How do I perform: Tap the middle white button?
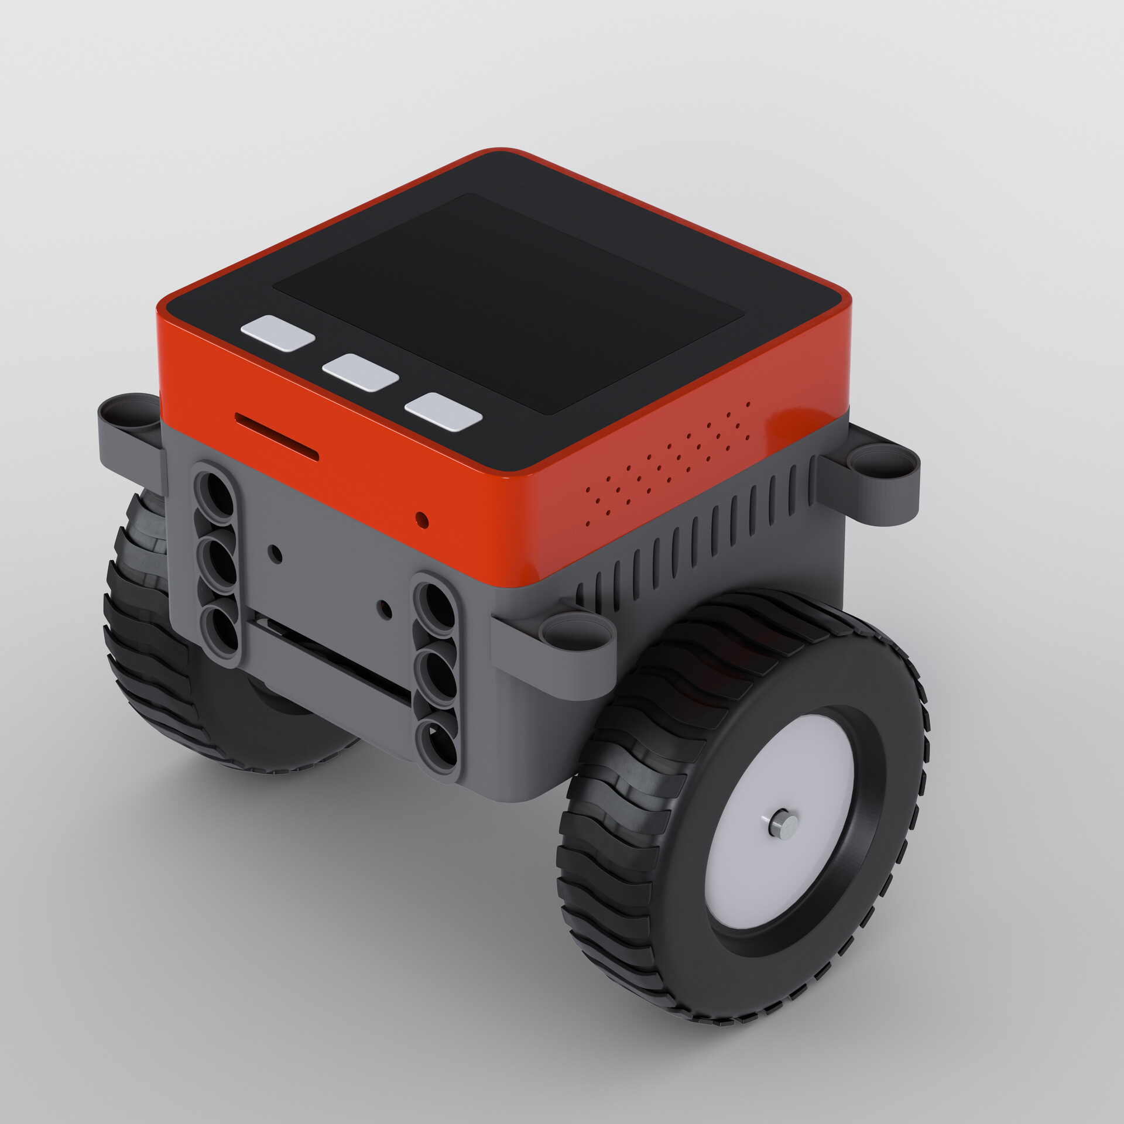point(360,372)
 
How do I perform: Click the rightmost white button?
point(444,412)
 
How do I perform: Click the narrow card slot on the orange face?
point(276,436)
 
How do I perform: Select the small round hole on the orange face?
point(420,518)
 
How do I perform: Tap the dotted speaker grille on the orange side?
point(667,462)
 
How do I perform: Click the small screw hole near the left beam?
point(273,551)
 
